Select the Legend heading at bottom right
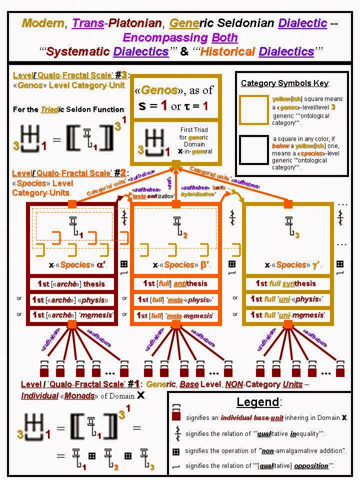click(x=259, y=402)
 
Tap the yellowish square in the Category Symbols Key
click(x=253, y=109)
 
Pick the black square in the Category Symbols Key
click(x=253, y=149)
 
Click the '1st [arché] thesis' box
click(x=71, y=283)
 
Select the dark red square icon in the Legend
click(x=175, y=416)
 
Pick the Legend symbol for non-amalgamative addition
click(x=175, y=450)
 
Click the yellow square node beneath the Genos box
click(x=176, y=164)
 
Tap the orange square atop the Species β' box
click(x=176, y=203)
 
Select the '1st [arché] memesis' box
click(x=71, y=315)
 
